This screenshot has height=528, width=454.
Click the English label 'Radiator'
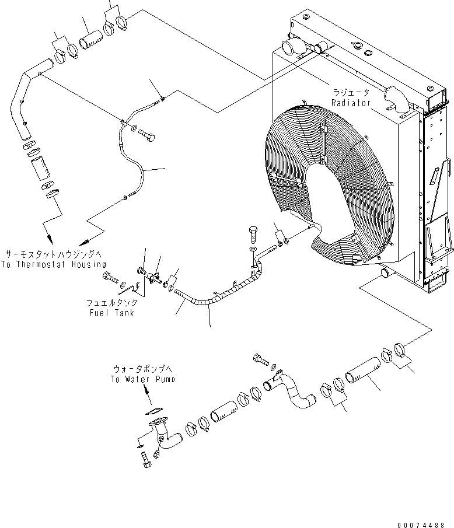(x=351, y=103)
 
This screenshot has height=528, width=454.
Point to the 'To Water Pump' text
(x=142, y=379)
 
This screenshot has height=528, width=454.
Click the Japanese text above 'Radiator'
(x=351, y=93)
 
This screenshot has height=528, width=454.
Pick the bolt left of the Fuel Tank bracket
(x=111, y=278)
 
